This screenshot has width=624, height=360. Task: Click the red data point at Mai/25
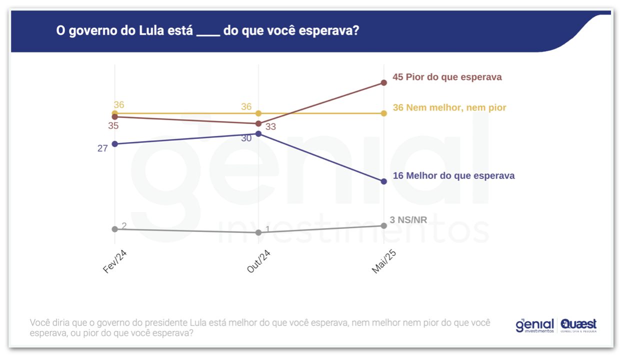(383, 82)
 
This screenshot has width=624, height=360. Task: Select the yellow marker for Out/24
(258, 113)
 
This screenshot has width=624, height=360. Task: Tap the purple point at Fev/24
(115, 144)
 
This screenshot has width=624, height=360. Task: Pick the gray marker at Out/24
(258, 232)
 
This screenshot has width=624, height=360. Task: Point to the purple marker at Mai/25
(383, 181)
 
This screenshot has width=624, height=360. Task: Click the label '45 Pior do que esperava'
(447, 77)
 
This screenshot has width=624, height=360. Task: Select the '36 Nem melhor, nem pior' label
(449, 107)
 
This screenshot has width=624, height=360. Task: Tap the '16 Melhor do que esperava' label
(453, 176)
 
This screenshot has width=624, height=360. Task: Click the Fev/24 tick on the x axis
(114, 261)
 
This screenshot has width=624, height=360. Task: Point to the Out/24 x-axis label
(258, 261)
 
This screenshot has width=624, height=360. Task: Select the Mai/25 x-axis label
(383, 261)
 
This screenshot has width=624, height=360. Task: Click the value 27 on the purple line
(102, 148)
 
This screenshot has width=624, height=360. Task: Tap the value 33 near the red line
(270, 127)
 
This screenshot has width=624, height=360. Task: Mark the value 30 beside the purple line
(246, 138)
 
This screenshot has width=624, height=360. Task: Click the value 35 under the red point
(113, 126)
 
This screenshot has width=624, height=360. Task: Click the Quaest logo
(578, 325)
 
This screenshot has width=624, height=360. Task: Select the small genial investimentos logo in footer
(534, 325)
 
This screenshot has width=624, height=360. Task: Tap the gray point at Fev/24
(115, 229)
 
